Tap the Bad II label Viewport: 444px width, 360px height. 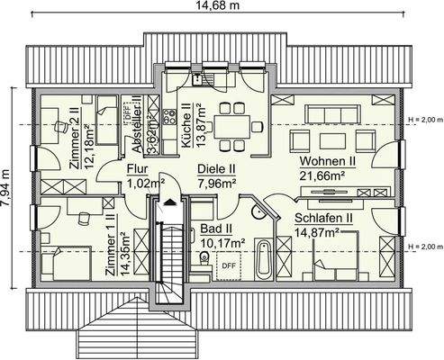click(x=216, y=229)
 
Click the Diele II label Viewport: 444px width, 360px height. click(x=216, y=167)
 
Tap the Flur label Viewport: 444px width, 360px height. click(x=137, y=168)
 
